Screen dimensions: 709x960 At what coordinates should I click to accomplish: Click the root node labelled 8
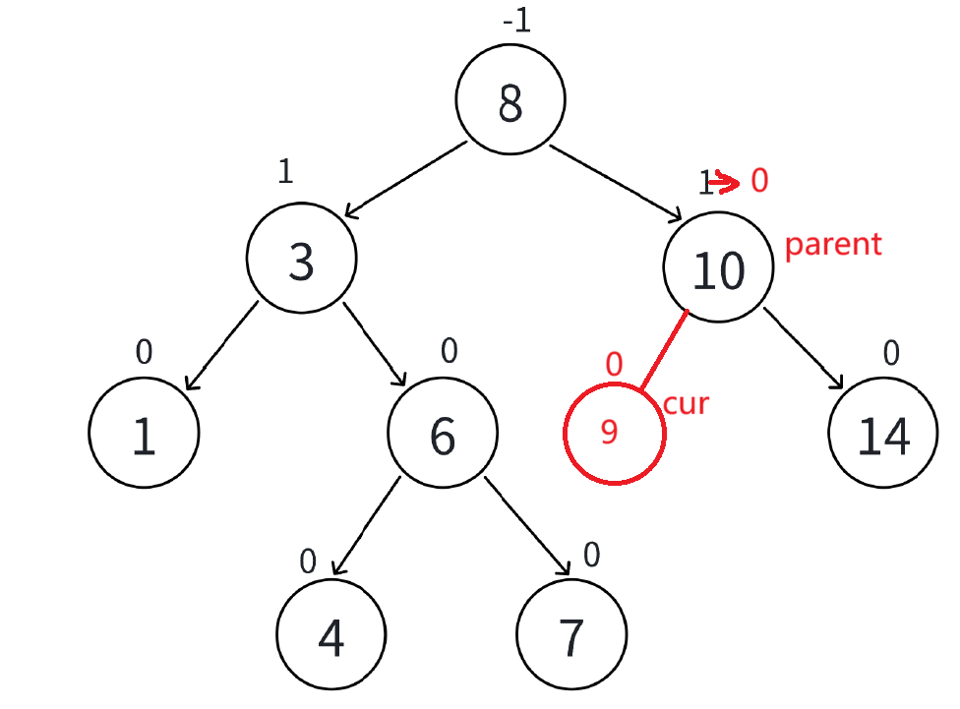click(x=510, y=100)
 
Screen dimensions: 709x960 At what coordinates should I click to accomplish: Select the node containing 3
click(x=301, y=261)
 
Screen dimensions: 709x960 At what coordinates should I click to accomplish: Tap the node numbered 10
click(x=719, y=267)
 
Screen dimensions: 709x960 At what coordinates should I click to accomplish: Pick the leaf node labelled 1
click(x=144, y=433)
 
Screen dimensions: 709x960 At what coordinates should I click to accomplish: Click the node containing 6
click(x=443, y=433)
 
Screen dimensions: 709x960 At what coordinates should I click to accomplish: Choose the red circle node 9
click(x=614, y=434)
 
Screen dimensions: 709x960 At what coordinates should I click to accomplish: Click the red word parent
click(x=833, y=244)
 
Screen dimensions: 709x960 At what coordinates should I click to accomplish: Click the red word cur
click(x=687, y=403)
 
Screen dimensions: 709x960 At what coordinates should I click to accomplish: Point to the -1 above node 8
click(x=515, y=22)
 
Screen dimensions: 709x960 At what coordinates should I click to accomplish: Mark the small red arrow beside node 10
click(x=726, y=181)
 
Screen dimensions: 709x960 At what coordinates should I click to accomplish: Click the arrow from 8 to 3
click(x=405, y=179)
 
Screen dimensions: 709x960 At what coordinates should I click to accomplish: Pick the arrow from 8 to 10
click(x=616, y=182)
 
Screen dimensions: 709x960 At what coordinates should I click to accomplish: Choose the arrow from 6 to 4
click(x=366, y=527)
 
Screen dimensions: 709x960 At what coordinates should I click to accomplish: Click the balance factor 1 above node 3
click(x=285, y=173)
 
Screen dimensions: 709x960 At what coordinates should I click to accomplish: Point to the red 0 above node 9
click(x=615, y=366)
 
